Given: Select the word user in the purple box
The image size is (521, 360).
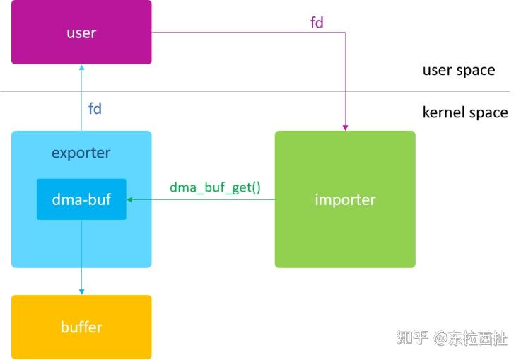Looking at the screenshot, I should coord(81,33).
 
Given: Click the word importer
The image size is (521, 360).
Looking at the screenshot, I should coord(345,199).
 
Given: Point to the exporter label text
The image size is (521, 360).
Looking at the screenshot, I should coord(81,153).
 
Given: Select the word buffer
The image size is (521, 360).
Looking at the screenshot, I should coord(81,327).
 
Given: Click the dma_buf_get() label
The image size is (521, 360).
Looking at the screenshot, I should coord(215,187).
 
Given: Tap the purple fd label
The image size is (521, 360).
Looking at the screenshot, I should coord(317,23).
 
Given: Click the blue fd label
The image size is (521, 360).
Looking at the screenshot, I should coord(95,109).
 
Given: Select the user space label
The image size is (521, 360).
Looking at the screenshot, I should coord(459,70).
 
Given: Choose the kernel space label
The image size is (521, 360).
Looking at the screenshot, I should coord(464,112).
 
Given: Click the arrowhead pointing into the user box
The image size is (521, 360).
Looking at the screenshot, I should coord(81,68).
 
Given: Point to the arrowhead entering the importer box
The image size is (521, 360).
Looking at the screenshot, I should coord(345,127).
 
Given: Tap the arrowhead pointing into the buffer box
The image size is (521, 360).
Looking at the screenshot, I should coord(81,291).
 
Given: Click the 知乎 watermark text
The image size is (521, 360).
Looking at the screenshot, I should coord(412,338).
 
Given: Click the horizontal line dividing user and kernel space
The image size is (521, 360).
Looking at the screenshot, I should coord(254,91).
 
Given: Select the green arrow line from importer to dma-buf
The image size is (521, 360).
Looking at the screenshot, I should coord(205,199).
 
